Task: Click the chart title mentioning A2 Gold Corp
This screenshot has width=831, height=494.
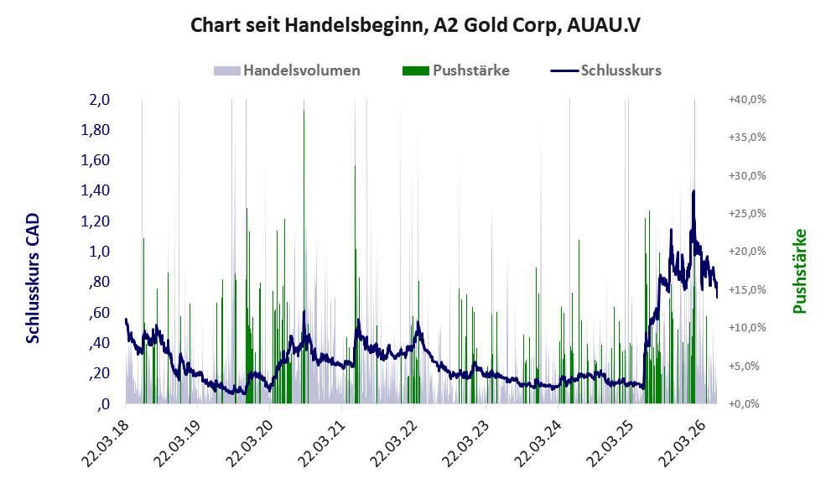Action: point(415,24)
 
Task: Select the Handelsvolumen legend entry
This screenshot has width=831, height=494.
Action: point(288,70)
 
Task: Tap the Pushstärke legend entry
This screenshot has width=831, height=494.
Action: point(456,70)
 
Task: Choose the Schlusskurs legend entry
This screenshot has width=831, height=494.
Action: point(605,70)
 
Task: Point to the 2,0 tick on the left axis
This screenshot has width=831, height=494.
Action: point(99,100)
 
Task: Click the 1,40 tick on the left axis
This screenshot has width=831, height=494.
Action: point(95,190)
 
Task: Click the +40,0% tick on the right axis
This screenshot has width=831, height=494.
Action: point(747,100)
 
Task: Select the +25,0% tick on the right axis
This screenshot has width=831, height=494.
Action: point(747,214)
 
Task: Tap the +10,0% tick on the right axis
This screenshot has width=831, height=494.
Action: point(747,328)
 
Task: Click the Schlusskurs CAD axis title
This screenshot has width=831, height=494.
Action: point(33,278)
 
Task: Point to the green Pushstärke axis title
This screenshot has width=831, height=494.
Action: point(799,271)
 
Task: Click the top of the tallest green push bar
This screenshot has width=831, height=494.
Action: point(304,112)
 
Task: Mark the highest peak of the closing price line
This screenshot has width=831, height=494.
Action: point(693,191)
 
